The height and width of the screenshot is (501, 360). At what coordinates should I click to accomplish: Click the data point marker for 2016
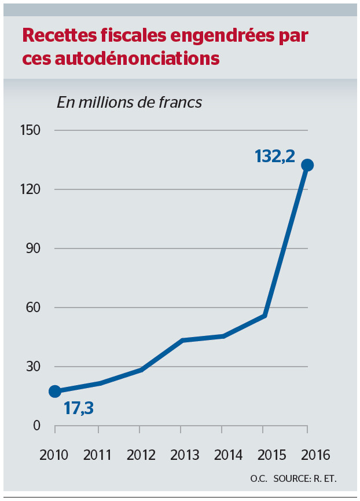point(307,165)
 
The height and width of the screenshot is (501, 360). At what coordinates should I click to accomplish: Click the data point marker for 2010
point(55,391)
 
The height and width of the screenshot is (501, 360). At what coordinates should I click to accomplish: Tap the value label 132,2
point(274,156)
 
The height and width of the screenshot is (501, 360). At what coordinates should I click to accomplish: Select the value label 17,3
point(78,408)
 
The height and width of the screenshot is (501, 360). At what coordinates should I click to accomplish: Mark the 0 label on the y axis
point(36,426)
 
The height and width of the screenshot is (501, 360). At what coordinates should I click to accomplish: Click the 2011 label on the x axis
point(98,455)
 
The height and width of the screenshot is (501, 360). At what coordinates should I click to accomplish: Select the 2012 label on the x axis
point(139,455)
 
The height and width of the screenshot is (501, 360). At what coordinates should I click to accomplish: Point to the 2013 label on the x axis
point(181,455)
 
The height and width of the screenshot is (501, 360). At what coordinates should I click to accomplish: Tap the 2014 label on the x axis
point(223,455)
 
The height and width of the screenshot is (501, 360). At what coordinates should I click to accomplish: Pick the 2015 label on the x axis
point(265,455)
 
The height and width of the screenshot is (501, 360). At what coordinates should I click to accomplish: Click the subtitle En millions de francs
point(129,103)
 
